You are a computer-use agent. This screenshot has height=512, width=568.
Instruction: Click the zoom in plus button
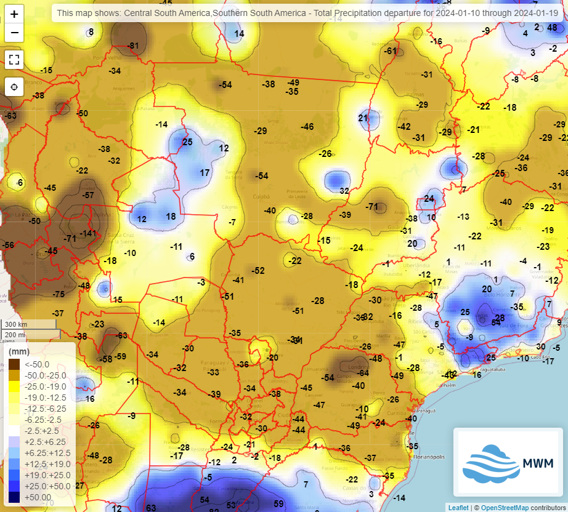pyautogui.click(x=15, y=14)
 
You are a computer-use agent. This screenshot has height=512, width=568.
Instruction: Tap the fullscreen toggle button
pyautogui.click(x=15, y=60)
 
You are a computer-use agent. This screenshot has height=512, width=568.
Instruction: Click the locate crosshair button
pyautogui.click(x=15, y=87)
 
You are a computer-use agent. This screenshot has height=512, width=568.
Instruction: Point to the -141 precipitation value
pyautogui.click(x=89, y=233)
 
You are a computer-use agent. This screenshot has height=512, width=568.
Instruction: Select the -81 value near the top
pyautogui.click(x=133, y=46)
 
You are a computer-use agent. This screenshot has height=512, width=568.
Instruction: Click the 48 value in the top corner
pyautogui.click(x=552, y=27)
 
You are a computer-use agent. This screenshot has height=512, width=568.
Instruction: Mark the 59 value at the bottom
pyautogui.click(x=278, y=503)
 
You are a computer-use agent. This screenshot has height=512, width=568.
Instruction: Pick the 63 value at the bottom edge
pyautogui.click(x=150, y=508)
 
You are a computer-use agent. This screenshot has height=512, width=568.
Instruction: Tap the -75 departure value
pyautogui.click(x=59, y=294)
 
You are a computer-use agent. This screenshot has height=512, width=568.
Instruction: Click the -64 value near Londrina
pyautogui.click(x=363, y=373)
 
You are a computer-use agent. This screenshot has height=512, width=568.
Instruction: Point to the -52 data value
pyautogui.click(x=258, y=271)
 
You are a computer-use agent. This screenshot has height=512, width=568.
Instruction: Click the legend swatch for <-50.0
pyautogui.click(x=14, y=364)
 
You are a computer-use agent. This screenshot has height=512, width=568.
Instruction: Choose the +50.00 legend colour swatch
pyautogui.click(x=14, y=497)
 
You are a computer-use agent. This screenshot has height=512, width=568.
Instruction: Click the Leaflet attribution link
pyautogui.click(x=458, y=508)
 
